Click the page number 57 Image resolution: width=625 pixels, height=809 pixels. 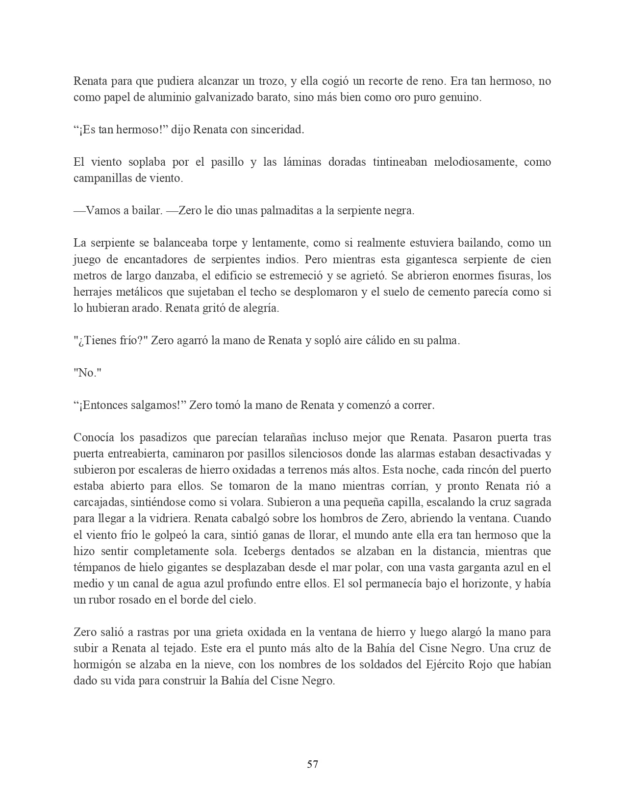click(312, 764)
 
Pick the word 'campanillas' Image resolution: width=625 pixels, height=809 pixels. click(101, 178)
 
